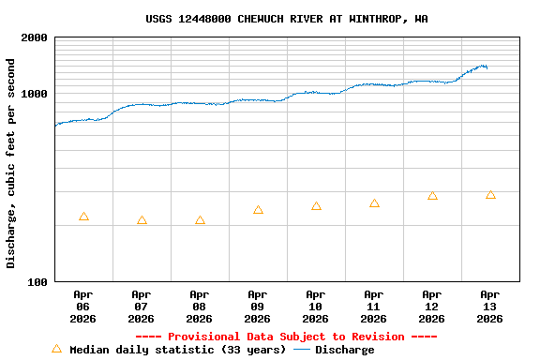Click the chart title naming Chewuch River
point(287,19)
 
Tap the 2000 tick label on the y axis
point(34,38)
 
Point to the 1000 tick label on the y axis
point(34,95)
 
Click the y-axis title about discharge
point(11,163)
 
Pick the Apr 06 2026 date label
point(82,306)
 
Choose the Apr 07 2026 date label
point(141,306)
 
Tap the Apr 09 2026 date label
point(257,306)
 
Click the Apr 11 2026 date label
point(373,306)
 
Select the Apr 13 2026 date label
point(489,306)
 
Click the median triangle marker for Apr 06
point(83,217)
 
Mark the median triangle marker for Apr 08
point(200,220)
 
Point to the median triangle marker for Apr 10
point(316,205)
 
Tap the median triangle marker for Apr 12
point(432,196)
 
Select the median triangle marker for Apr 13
point(490,194)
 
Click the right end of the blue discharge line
point(487,67)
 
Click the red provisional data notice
point(286,337)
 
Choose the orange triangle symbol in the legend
point(56,349)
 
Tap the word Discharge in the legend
point(344,350)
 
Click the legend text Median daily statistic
point(177,350)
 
